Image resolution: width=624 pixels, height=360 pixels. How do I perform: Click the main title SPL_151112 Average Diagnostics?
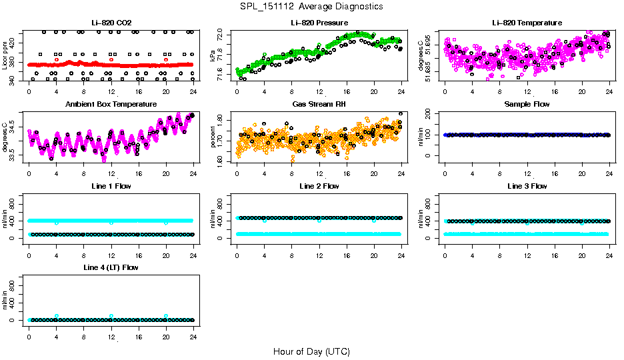312,6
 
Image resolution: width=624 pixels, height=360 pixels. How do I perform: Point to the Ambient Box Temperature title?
111,104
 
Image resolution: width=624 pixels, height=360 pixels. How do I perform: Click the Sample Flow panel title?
527,104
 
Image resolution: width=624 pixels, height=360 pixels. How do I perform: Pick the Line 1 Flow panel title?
111,186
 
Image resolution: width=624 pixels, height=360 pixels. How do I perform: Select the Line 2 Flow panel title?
319,186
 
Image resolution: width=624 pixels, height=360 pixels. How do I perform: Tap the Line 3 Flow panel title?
527,186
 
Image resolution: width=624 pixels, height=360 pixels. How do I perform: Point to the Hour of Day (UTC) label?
311,351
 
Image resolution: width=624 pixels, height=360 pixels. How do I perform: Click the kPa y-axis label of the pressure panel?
214,55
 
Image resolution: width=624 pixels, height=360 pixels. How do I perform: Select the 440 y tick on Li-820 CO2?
15,32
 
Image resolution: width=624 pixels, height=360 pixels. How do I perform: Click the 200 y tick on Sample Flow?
431,113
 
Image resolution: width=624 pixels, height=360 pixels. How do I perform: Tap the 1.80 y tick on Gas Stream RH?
223,119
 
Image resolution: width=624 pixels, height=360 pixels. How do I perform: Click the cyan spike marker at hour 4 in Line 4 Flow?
57,316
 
